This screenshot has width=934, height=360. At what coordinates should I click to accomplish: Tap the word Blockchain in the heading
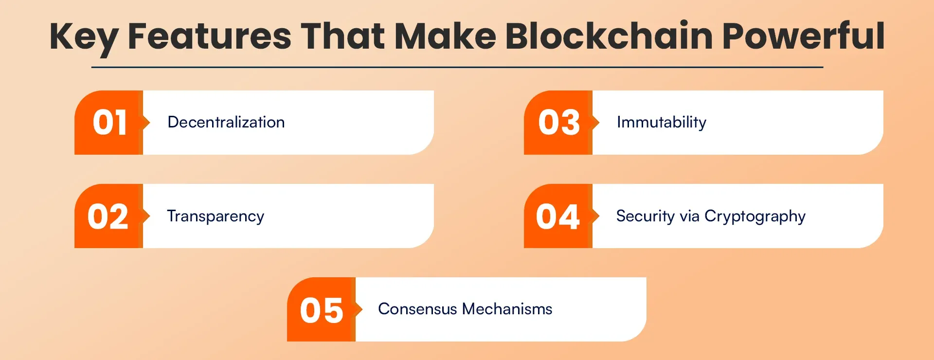(x=609, y=36)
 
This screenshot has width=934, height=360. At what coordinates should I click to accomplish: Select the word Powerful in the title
(x=803, y=36)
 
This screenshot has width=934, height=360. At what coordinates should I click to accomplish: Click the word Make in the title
(x=445, y=36)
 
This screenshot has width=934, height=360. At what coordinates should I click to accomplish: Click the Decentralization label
(x=226, y=122)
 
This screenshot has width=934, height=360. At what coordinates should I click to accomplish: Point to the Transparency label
(x=216, y=216)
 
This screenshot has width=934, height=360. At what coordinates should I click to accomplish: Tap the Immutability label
(x=662, y=123)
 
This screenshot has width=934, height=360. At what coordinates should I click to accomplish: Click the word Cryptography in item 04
(x=755, y=216)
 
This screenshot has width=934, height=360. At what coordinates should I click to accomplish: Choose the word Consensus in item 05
(x=417, y=309)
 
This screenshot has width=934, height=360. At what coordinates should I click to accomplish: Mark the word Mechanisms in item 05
(x=507, y=309)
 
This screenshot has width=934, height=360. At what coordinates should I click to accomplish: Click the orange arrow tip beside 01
(x=149, y=122)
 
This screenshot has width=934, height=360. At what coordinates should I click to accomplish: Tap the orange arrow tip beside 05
(x=361, y=309)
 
